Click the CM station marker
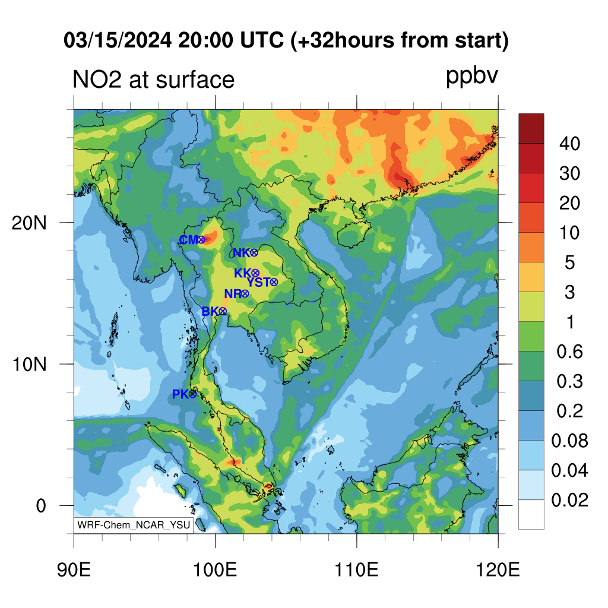[x=201, y=240]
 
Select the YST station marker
[x=274, y=282]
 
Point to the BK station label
[x=210, y=311]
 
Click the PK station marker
[x=193, y=394]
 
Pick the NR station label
[x=233, y=294]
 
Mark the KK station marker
[x=255, y=273]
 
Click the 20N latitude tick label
[x=29, y=223]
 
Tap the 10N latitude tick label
[x=29, y=365]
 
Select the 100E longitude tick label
[x=215, y=570]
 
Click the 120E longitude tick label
[x=498, y=570]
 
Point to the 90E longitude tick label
[x=74, y=570]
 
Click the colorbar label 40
[x=569, y=144]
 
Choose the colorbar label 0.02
[x=569, y=500]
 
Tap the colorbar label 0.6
[x=569, y=351]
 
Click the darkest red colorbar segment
[x=531, y=128]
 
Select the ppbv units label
[x=472, y=77]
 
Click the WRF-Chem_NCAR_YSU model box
[x=134, y=525]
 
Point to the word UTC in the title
[x=262, y=40]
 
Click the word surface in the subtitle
[x=195, y=80]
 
